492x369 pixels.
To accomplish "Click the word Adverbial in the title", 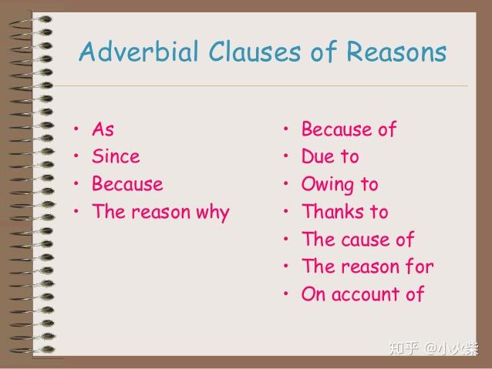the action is [139, 51].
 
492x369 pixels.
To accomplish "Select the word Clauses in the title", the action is [254, 51].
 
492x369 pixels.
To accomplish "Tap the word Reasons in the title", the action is [396, 51].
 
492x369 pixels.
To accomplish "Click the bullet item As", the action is [103, 129].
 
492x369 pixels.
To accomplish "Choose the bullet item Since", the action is [116, 156].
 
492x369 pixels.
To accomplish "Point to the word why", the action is [213, 213].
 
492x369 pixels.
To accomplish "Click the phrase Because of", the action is [349, 129].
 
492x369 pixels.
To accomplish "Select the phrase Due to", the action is [330, 156].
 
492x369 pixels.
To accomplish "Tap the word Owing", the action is [327, 185].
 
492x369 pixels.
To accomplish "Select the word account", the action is [366, 295].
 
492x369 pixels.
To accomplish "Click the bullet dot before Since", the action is [76, 156].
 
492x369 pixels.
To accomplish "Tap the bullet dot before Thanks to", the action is [286, 211].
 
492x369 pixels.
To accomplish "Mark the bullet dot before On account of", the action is [286, 294].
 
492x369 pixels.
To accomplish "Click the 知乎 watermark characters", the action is [404, 348].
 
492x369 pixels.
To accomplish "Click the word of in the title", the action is [324, 51].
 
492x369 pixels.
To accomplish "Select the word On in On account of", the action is [313, 294].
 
